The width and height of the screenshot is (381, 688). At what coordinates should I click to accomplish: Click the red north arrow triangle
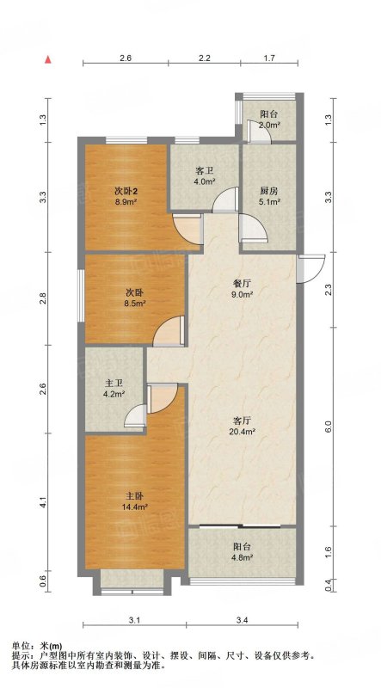tap(48, 59)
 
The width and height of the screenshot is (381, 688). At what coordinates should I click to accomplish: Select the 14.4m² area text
tap(134, 507)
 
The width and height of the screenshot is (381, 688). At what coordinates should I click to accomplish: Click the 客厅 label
tap(243, 421)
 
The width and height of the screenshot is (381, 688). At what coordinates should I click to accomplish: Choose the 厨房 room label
tap(268, 192)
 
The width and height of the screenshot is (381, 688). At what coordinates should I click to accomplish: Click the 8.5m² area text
tap(134, 303)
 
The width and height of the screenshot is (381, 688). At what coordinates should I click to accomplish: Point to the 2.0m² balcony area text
tap(268, 125)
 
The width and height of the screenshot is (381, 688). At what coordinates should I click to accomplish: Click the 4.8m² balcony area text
tap(242, 558)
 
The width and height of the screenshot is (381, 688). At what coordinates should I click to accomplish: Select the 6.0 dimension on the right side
tap(333, 426)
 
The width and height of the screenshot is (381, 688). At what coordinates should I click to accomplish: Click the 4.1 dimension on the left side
tap(43, 502)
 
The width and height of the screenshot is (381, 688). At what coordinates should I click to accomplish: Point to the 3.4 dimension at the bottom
tap(243, 620)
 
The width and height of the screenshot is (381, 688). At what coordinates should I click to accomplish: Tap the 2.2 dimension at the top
tap(204, 58)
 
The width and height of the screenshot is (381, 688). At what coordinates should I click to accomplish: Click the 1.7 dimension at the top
tap(269, 58)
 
